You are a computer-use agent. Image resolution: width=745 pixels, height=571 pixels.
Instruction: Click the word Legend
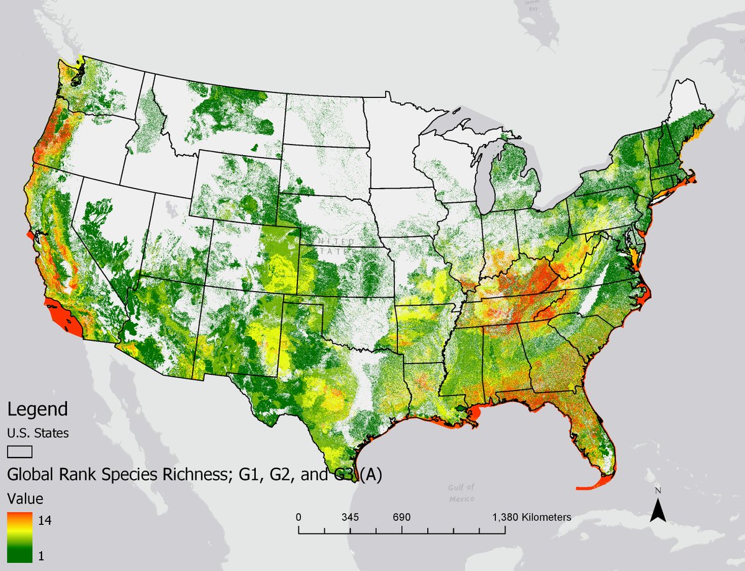pos(37,410)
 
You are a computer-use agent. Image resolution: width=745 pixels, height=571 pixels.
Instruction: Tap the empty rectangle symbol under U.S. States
pos(19,452)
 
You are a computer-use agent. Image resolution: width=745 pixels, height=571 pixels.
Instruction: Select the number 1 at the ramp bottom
pos(42,556)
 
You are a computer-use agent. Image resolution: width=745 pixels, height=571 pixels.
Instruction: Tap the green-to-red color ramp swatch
pos(19,537)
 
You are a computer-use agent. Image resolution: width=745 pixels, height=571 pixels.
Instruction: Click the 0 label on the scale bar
pos(299,517)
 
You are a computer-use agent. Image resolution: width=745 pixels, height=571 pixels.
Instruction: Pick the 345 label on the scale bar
pos(350,517)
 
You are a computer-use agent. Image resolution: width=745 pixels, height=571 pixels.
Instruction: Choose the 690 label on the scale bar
pos(402,517)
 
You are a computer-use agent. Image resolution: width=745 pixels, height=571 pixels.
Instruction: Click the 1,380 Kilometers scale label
pos(532,517)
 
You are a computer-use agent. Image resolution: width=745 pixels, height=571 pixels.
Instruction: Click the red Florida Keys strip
pos(593,485)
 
